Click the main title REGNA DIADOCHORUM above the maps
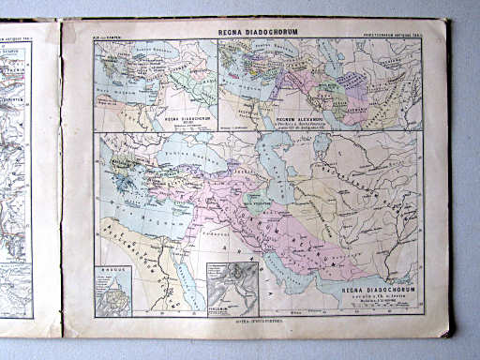click(x=256, y=32)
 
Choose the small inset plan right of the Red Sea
click(x=232, y=290)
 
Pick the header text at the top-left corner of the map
click(x=109, y=37)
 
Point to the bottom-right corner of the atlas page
click(x=447, y=336)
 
